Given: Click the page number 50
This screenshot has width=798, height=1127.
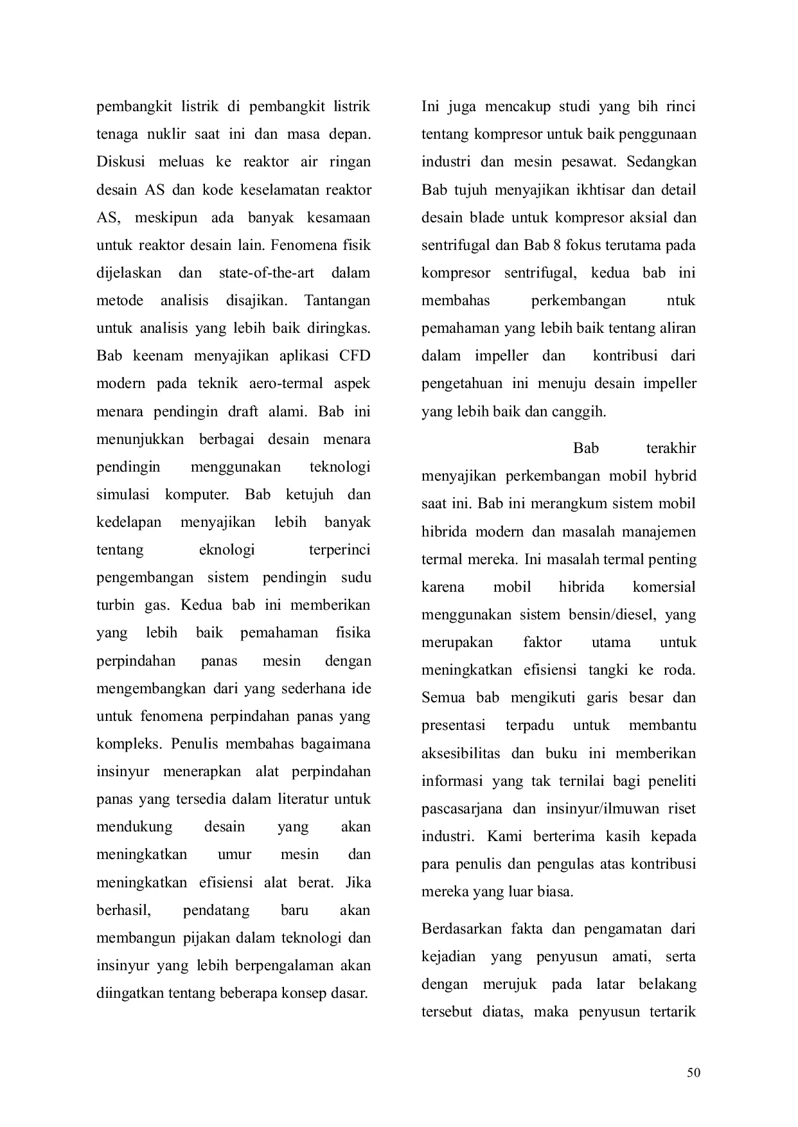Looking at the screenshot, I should [x=693, y=1072].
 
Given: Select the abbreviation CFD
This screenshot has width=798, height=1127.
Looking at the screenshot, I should [x=352, y=356].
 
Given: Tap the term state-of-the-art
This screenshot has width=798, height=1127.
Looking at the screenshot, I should [x=267, y=273].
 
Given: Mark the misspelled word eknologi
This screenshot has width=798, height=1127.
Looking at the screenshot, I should [x=227, y=550].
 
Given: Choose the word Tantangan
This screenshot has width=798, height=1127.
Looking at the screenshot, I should [x=337, y=301].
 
